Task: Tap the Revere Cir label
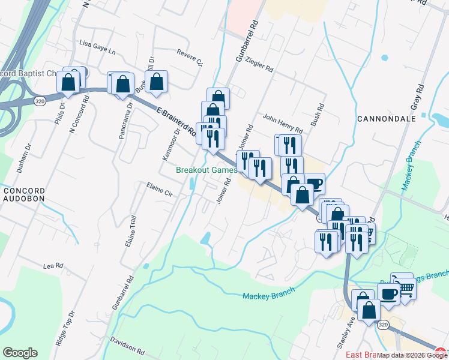coord(190,57)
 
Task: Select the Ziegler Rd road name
coord(259,65)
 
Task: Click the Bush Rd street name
coord(320,113)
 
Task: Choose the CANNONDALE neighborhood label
coord(387,119)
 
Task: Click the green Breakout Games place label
coord(203,170)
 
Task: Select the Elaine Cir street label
coord(159,189)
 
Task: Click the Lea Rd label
coord(53,265)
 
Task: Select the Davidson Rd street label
coord(127,346)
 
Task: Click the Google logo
coord(20,353)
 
